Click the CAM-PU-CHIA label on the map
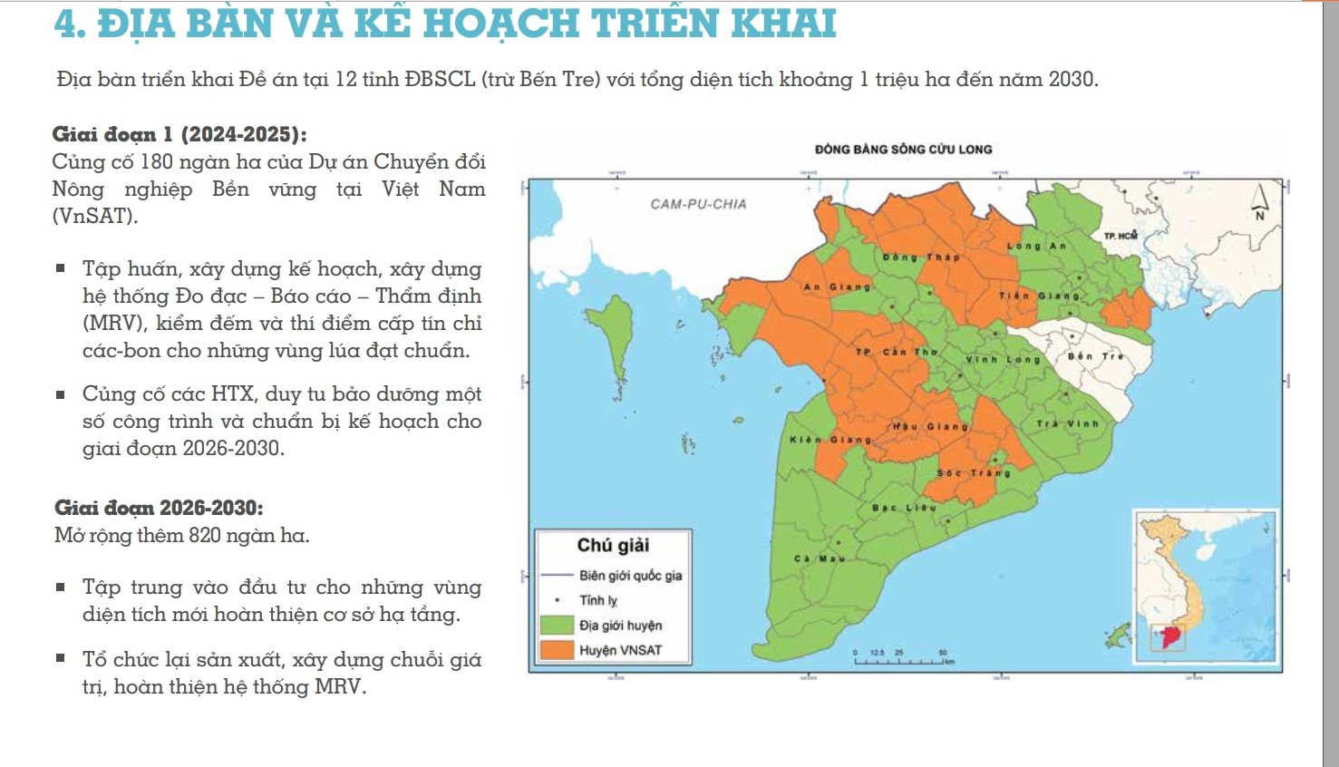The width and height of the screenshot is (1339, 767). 698,205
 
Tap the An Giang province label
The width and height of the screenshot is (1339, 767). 837,287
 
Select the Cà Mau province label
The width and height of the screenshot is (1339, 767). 820,558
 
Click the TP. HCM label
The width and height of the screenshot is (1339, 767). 1121,236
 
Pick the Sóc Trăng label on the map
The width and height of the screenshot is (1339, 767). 973,473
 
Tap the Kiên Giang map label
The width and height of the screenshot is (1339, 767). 830,440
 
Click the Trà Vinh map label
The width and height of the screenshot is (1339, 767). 1067,423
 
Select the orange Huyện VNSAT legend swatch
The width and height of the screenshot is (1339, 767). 557,650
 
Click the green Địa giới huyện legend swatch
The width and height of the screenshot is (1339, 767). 557,626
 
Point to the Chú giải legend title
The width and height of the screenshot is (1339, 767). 613,545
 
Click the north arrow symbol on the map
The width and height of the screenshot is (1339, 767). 1259,202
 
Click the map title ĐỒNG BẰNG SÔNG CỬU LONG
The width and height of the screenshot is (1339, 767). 903,150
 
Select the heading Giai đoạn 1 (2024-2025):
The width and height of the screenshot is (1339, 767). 180,135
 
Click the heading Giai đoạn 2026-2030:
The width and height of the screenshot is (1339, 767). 159,508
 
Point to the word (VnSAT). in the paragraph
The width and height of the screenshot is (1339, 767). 95,217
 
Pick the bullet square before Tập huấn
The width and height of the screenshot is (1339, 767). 61,268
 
